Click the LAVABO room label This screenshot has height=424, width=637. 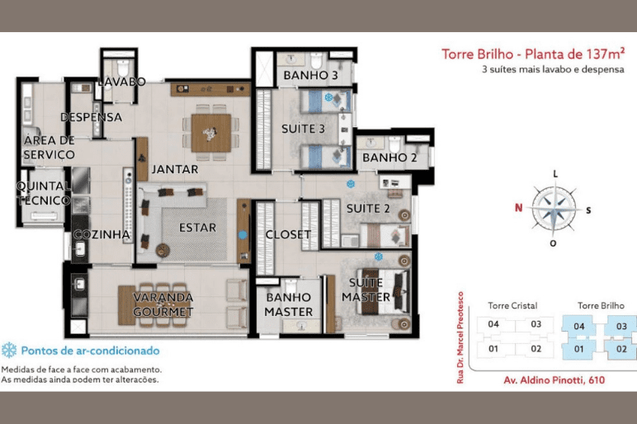[122, 82]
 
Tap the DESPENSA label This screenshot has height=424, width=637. [91, 117]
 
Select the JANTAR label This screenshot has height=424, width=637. [175, 169]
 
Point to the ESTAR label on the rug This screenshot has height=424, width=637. [197, 228]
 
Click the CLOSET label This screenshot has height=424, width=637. [288, 235]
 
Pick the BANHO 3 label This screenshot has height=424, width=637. [311, 75]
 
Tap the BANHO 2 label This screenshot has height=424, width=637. [389, 158]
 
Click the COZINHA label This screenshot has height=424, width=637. [101, 234]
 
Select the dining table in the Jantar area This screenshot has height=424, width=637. [211, 133]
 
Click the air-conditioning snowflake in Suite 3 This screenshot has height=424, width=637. [328, 97]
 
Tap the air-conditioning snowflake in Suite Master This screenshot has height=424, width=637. [378, 257]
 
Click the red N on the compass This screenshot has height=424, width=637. [518, 208]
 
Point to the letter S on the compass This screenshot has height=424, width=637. [588, 210]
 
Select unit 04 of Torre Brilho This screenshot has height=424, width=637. [579, 326]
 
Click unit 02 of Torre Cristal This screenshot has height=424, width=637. [536, 349]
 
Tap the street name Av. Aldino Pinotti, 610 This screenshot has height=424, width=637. [554, 380]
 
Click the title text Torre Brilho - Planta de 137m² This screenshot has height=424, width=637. [533, 54]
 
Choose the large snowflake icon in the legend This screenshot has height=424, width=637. [9, 350]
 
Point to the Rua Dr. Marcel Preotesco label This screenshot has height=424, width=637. [460, 337]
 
